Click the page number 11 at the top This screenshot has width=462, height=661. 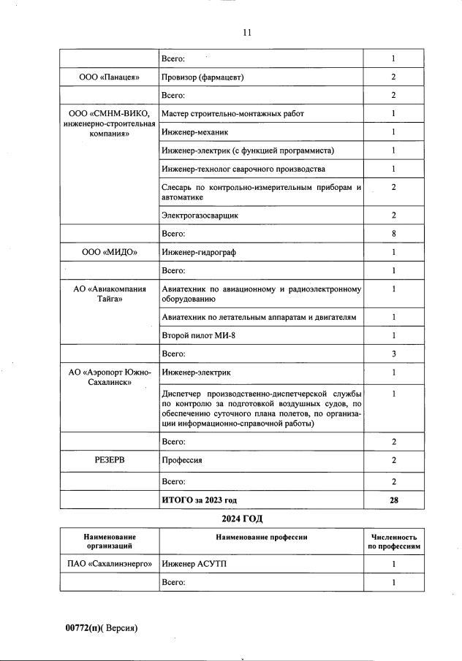[x=246, y=33]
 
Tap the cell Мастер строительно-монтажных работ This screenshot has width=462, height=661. [x=232, y=114]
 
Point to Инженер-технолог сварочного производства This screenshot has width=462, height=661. [x=243, y=169]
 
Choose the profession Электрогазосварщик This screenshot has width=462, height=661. [x=200, y=215]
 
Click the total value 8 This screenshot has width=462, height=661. [x=393, y=234]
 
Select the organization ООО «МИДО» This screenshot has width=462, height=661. [x=109, y=253]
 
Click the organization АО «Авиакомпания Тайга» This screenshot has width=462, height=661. [x=109, y=294]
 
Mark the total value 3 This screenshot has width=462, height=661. [x=393, y=354]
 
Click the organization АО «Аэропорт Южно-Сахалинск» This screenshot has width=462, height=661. [x=109, y=378]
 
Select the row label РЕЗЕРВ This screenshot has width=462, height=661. [x=109, y=461]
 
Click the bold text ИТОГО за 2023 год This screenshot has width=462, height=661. [x=199, y=500]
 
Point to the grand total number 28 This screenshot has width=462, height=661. [x=393, y=500]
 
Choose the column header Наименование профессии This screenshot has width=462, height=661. [x=261, y=538]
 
